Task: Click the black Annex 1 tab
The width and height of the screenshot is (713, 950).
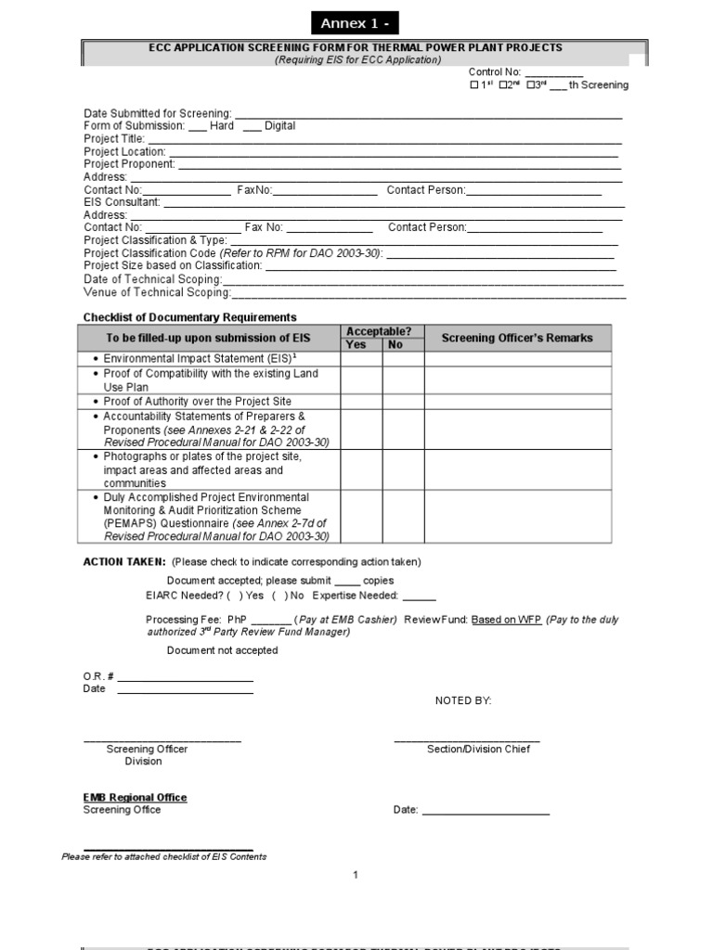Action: (355, 23)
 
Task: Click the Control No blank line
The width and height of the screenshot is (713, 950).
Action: (554, 73)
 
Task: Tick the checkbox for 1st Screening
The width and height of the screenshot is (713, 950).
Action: (474, 85)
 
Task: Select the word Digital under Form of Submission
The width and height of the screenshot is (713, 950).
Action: (279, 126)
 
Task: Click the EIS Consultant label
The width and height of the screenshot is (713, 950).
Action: (122, 202)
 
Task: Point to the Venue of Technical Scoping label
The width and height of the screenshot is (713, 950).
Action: (157, 293)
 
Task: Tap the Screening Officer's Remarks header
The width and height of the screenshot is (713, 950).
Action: (516, 338)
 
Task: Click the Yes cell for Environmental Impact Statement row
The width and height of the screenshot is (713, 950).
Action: (361, 359)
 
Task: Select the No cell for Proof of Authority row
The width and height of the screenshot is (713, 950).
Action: (403, 402)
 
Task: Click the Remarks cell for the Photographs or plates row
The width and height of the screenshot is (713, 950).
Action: (518, 469)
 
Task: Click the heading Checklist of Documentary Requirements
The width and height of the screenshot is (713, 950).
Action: (190, 317)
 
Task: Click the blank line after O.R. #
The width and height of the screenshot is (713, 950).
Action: (185, 676)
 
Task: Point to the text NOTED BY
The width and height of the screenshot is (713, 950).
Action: (463, 700)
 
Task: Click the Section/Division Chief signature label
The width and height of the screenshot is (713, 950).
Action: (478, 749)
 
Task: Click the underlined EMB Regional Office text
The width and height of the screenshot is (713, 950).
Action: (135, 797)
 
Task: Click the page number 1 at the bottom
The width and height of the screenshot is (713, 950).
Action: (356, 875)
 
